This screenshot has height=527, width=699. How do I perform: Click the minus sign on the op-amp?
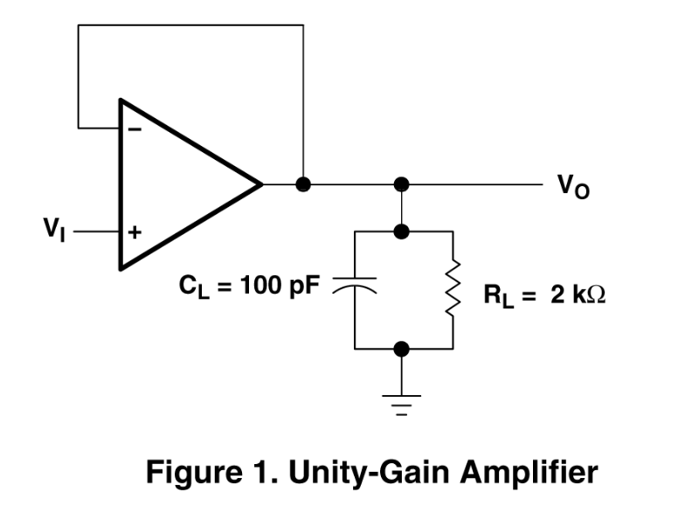pos(135,129)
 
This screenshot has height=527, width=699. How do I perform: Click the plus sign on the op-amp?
pos(135,233)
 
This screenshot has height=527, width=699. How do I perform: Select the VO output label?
pos(572,186)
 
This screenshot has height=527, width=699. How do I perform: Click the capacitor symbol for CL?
pos(356,286)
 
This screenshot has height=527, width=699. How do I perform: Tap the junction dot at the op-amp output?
pos(303,184)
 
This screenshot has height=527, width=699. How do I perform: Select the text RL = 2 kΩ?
pos(544,295)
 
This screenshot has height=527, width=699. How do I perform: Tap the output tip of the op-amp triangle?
pos(261,184)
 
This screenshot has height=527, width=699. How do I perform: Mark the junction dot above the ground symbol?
pos(401,349)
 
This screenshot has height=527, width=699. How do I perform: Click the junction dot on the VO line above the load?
pos(401,184)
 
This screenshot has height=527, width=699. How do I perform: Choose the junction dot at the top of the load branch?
pos(401,231)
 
